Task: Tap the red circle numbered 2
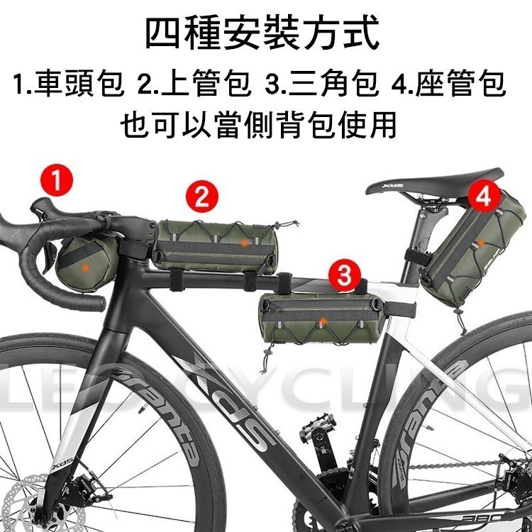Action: point(202,196)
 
